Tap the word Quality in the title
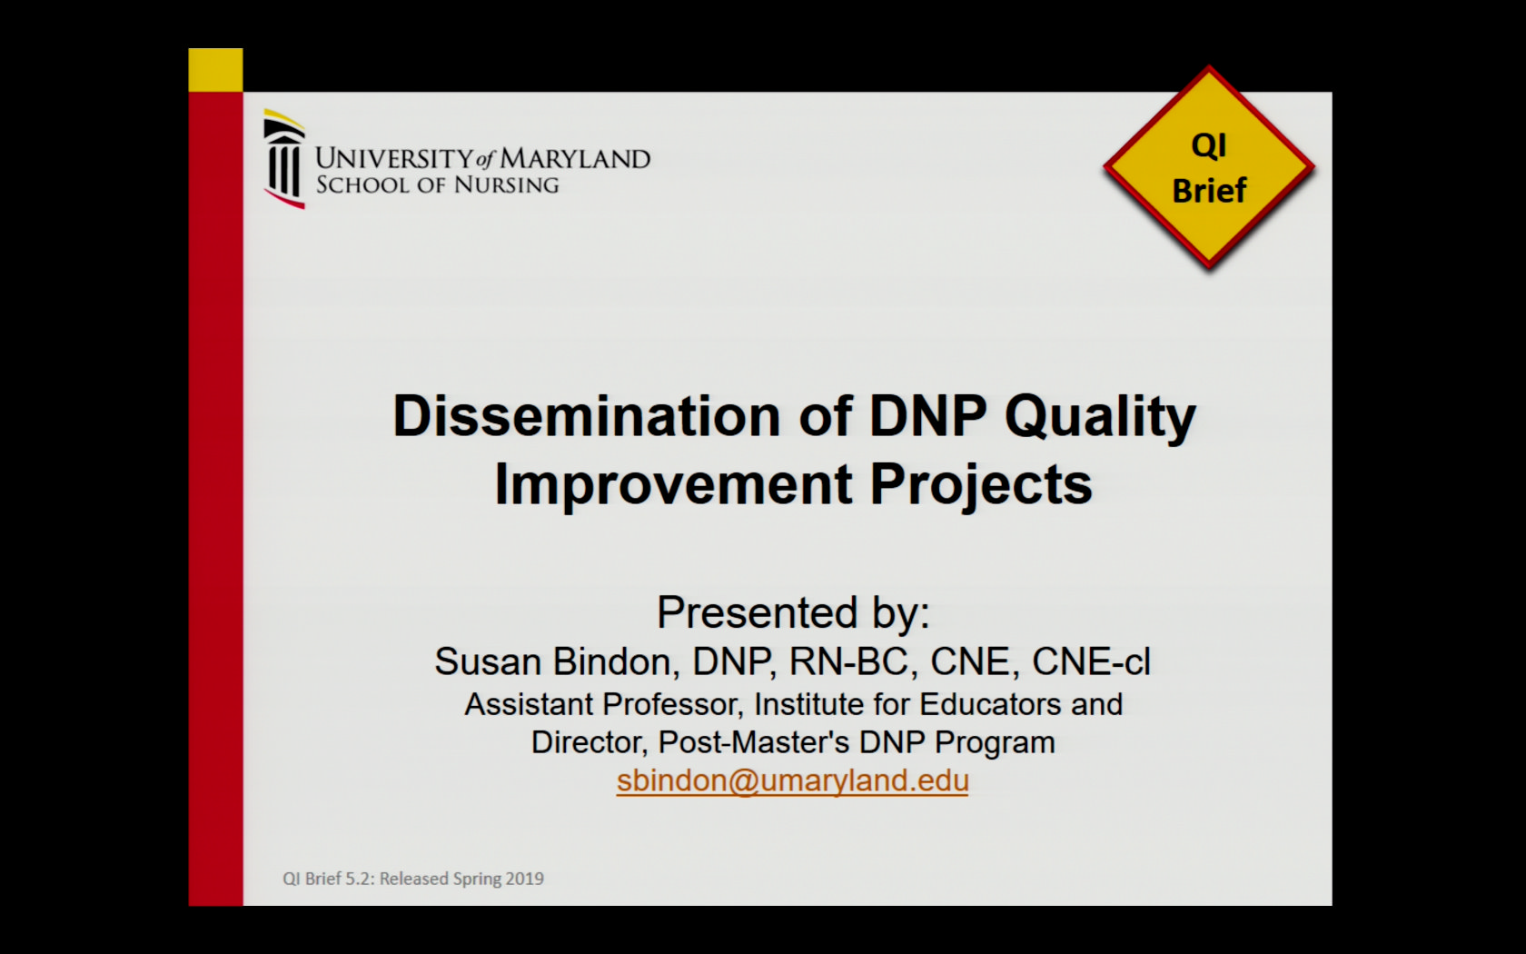[1100, 418]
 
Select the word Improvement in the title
[673, 484]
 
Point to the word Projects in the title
[981, 485]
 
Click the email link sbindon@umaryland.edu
[792, 780]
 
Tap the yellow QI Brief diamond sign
[1208, 168]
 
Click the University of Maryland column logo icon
[284, 160]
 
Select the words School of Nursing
[437, 185]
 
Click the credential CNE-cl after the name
[1091, 661]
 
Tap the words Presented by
[793, 612]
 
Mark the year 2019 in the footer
[525, 879]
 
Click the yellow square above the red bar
[215, 70]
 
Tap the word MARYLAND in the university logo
[575, 159]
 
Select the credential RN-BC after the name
[848, 661]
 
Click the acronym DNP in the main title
[927, 416]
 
